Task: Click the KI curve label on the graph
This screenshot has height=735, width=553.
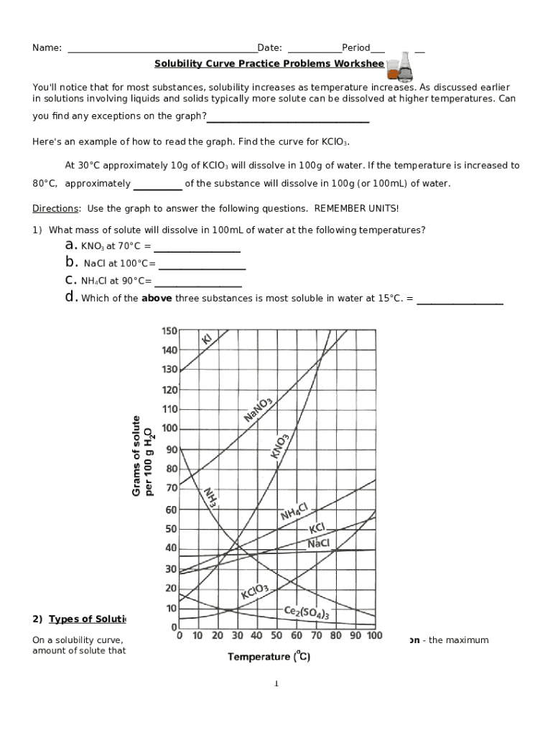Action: [207, 338]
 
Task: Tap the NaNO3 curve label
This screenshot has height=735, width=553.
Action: [258, 410]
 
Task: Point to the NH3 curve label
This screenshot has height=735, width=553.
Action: [210, 497]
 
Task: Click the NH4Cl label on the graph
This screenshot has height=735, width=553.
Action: [294, 511]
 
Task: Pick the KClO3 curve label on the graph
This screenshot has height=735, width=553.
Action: [254, 592]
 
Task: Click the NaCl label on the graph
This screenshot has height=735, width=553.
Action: [318, 543]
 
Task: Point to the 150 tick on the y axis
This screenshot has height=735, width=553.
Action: [169, 331]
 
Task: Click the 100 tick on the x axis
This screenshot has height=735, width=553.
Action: [374, 636]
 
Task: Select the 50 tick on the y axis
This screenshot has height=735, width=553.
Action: [171, 529]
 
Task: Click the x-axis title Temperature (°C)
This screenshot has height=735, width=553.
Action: [269, 656]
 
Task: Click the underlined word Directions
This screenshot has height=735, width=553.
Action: [55, 208]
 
